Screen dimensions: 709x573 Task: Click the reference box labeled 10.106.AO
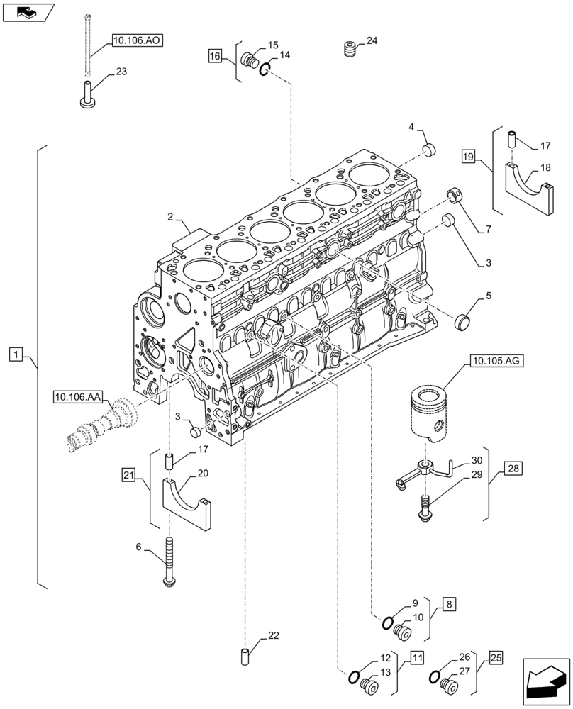[x=137, y=40]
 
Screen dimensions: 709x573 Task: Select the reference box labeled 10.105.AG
[x=494, y=362]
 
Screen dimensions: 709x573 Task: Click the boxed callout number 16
[x=216, y=55]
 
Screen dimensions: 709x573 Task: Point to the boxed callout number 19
[x=467, y=155]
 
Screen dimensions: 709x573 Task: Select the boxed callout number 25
[x=495, y=659]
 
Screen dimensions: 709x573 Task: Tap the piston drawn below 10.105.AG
[x=433, y=413]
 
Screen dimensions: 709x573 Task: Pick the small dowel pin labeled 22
[x=246, y=656]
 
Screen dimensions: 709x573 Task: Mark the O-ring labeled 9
[x=389, y=623]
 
